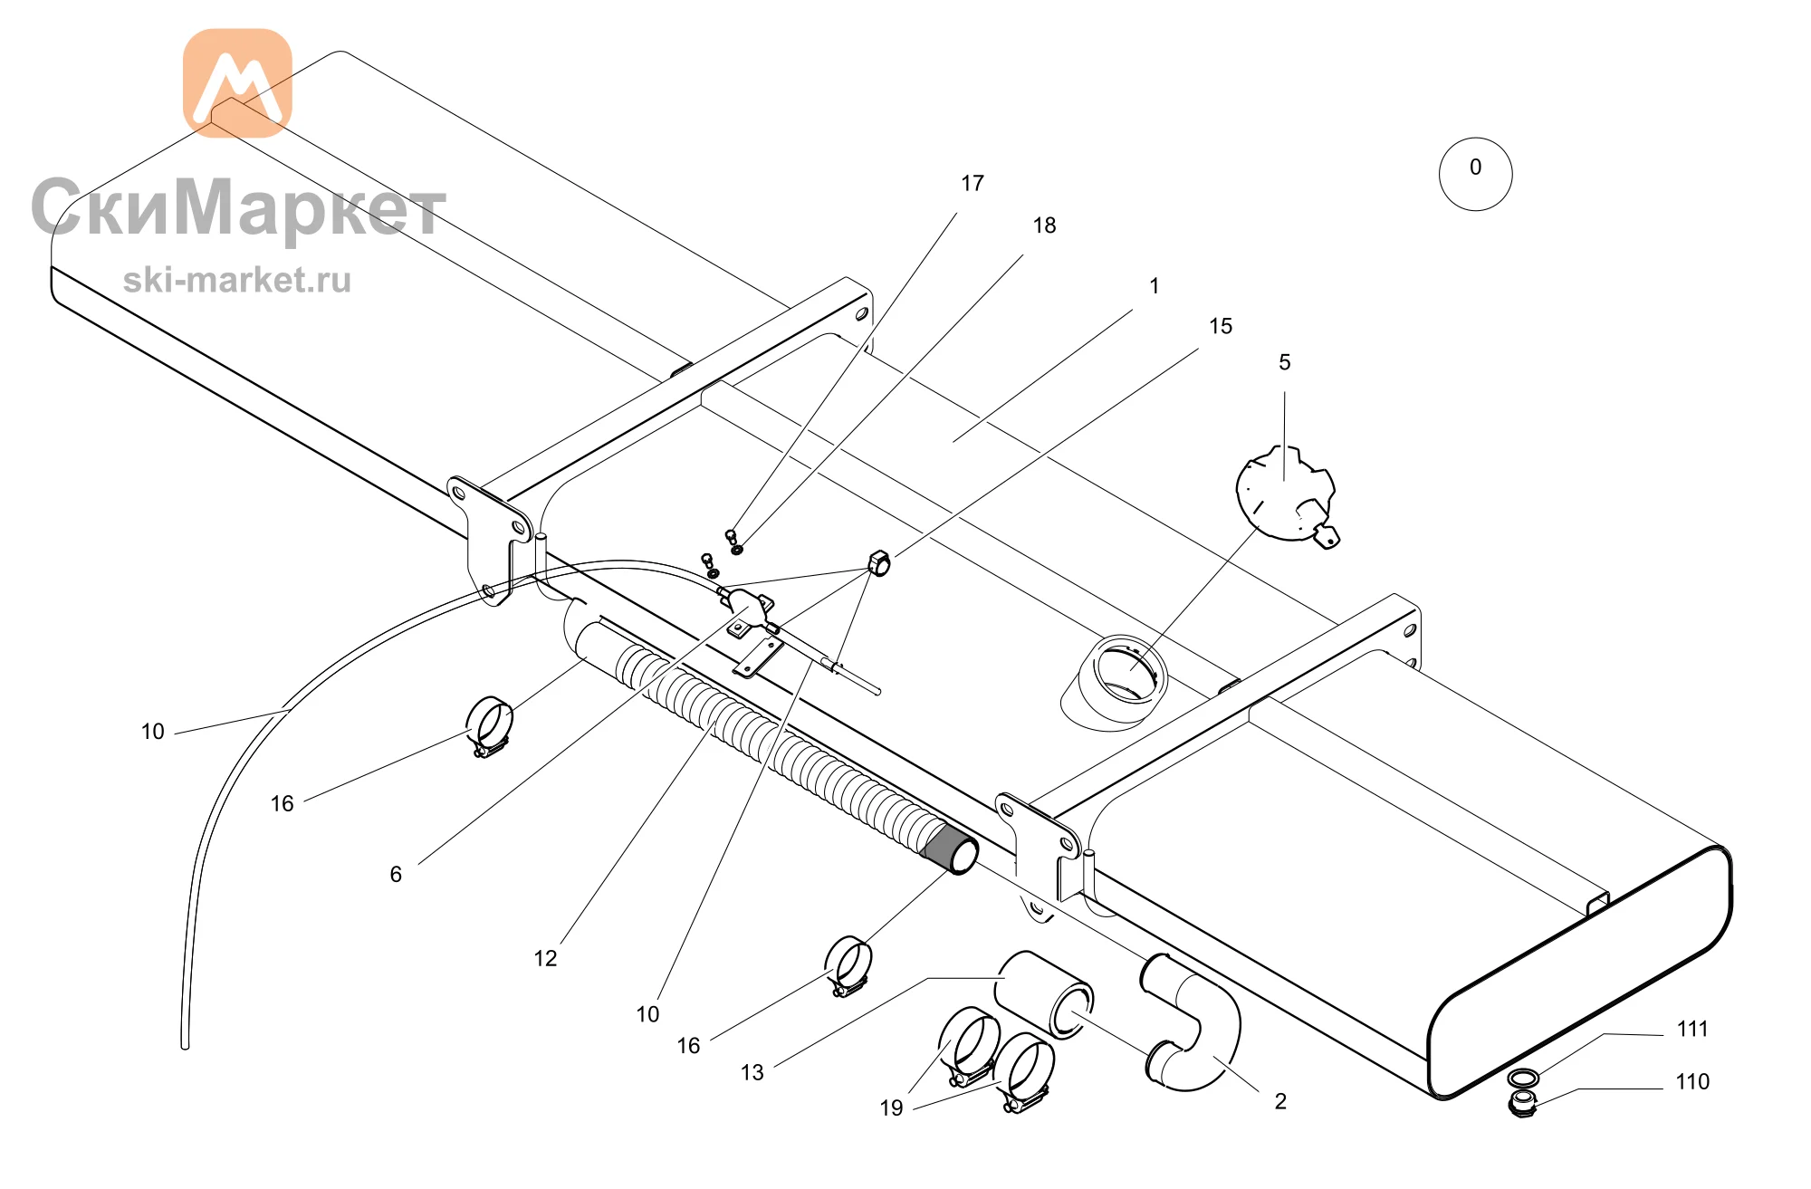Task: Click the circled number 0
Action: pyautogui.click(x=1475, y=174)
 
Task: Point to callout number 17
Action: pyautogui.click(x=973, y=184)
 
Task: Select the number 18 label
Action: pyautogui.click(x=1044, y=225)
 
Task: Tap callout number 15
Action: pyautogui.click(x=1221, y=326)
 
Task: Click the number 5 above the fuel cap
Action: pyautogui.click(x=1284, y=362)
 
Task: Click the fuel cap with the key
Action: pyautogui.click(x=1286, y=494)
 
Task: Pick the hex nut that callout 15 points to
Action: pyautogui.click(x=878, y=561)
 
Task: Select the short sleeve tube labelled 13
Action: pyautogui.click(x=1044, y=994)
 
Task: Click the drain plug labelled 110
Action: pyautogui.click(x=1523, y=1104)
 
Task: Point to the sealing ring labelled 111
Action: pyautogui.click(x=1523, y=1078)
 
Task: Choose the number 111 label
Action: pyautogui.click(x=1692, y=1029)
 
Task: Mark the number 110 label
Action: pyautogui.click(x=1692, y=1081)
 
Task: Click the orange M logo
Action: pyautogui.click(x=237, y=82)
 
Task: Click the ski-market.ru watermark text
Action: pyautogui.click(x=237, y=280)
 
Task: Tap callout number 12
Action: pyautogui.click(x=545, y=958)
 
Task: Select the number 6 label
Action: pyautogui.click(x=396, y=874)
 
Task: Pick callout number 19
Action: pyautogui.click(x=891, y=1107)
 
